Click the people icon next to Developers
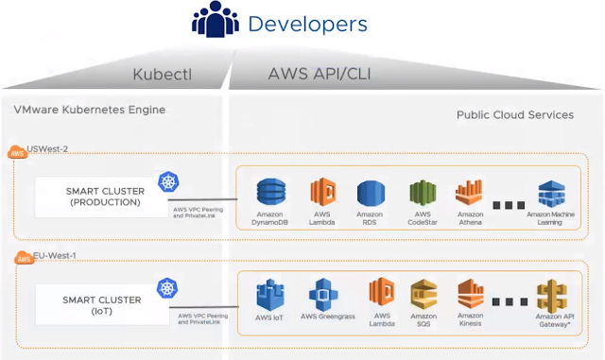point(216,22)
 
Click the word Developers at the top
point(308,23)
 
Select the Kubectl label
point(164,75)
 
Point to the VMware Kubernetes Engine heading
point(90,110)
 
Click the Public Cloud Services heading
point(514,114)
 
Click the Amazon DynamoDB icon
point(271,193)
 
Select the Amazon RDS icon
point(371,194)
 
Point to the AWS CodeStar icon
point(421,194)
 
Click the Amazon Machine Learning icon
point(551,193)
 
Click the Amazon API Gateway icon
point(551,294)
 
